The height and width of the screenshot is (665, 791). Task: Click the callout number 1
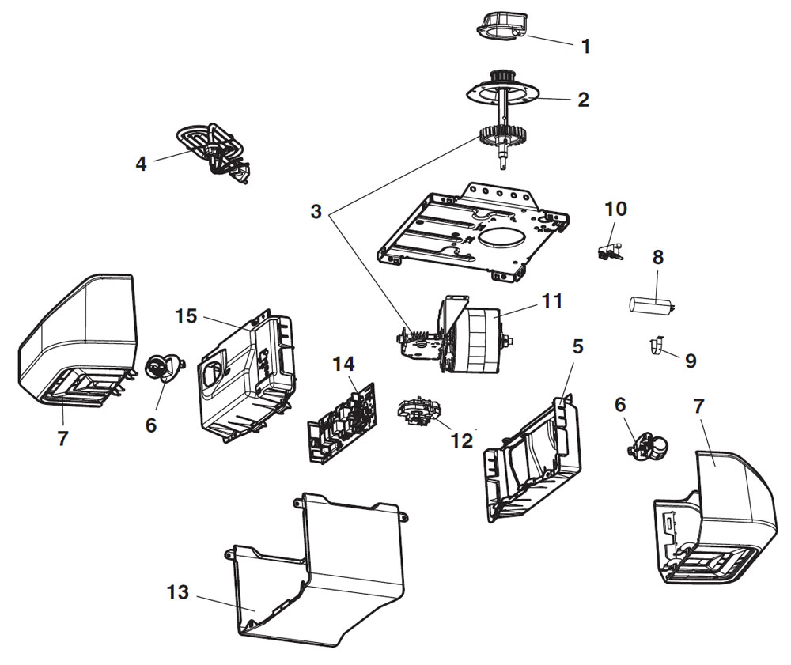[585, 47]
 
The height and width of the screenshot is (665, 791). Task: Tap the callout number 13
[178, 592]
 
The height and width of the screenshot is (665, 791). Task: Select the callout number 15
[186, 316]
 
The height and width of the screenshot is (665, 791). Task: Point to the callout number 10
[615, 209]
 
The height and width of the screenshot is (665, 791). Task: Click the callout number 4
[141, 164]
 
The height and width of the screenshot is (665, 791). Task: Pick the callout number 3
[316, 212]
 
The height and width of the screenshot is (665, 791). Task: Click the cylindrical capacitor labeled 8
[650, 304]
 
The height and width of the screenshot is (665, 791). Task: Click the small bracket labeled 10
[607, 250]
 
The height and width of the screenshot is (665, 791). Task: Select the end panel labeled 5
[530, 459]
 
